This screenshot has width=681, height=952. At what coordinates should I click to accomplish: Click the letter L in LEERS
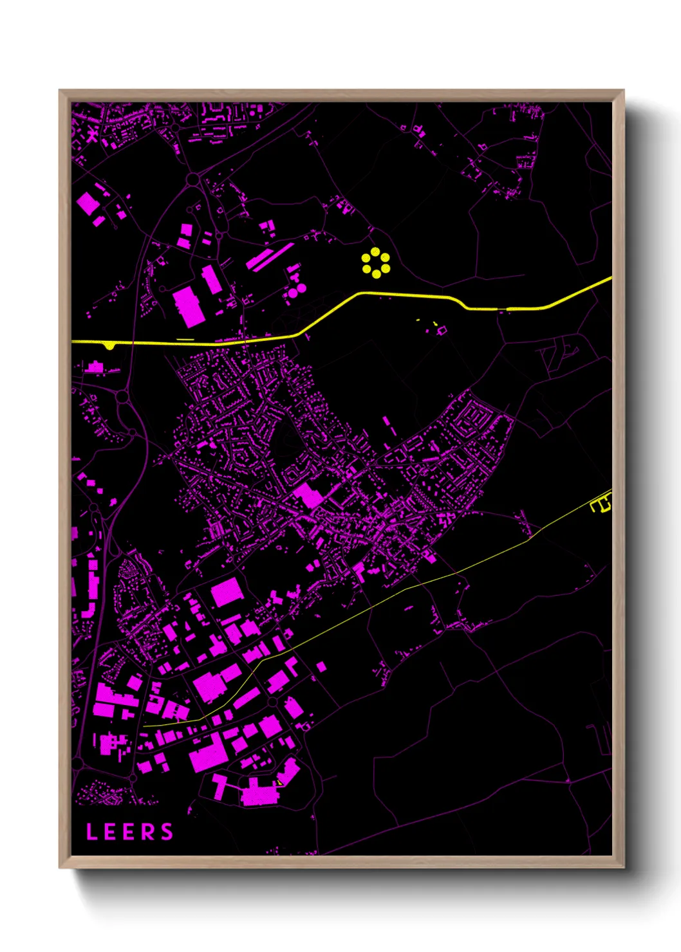91,832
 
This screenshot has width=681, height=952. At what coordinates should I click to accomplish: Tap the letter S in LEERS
167,832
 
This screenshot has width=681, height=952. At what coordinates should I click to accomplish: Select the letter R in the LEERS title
148,832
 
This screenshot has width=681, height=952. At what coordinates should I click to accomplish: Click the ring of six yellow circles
375,263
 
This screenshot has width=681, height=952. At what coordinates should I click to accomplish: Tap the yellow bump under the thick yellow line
110,347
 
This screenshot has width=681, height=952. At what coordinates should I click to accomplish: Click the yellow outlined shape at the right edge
601,504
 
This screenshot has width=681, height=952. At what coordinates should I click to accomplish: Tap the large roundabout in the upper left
192,178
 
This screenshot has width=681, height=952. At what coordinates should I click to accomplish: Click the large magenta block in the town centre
308,495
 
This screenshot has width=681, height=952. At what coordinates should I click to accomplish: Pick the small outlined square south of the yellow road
442,330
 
